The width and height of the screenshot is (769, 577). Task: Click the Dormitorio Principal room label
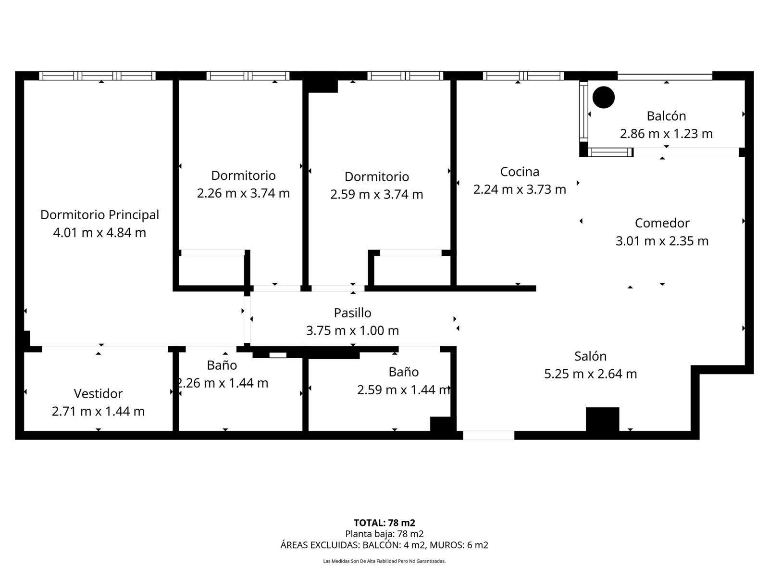pos(99,215)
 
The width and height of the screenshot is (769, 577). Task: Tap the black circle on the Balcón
pos(603,98)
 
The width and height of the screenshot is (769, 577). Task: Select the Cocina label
pos(520,172)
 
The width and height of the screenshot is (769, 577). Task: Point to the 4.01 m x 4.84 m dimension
pos(99,233)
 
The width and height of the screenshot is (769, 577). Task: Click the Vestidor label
pos(98,394)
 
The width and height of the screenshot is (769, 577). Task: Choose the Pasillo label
pos(352,313)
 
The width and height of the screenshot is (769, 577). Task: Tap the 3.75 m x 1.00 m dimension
pos(352,330)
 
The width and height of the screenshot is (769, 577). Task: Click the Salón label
pos(590,356)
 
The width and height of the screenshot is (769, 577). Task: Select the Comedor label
pos(662,223)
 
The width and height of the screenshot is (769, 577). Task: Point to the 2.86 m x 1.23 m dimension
pos(666,134)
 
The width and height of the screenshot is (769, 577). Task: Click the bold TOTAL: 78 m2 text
pos(384,523)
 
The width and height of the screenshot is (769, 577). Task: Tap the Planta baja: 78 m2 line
pos(384,534)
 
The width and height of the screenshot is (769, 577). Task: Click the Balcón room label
pos(666,116)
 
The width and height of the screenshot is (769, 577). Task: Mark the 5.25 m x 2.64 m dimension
pos(590,374)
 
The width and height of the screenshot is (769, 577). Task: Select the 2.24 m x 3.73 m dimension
pos(520,189)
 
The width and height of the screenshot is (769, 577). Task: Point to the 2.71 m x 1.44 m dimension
pos(98,411)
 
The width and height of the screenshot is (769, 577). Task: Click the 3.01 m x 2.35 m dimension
pos(662,241)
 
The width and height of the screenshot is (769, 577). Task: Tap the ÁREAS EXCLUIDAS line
pos(384,545)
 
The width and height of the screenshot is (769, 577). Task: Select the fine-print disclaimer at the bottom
pos(384,561)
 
